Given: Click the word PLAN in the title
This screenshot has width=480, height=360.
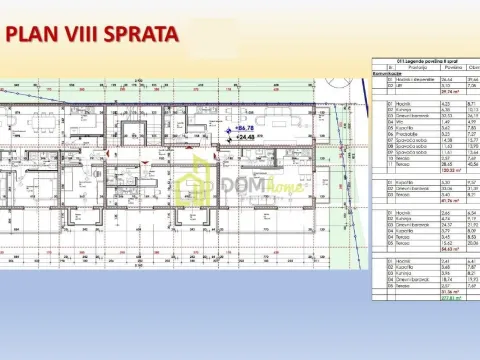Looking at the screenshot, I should (x=36, y=35).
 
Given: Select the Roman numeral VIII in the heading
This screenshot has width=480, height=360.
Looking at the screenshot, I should (x=87, y=35).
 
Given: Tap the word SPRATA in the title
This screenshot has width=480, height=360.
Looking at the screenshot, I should (x=144, y=35).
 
